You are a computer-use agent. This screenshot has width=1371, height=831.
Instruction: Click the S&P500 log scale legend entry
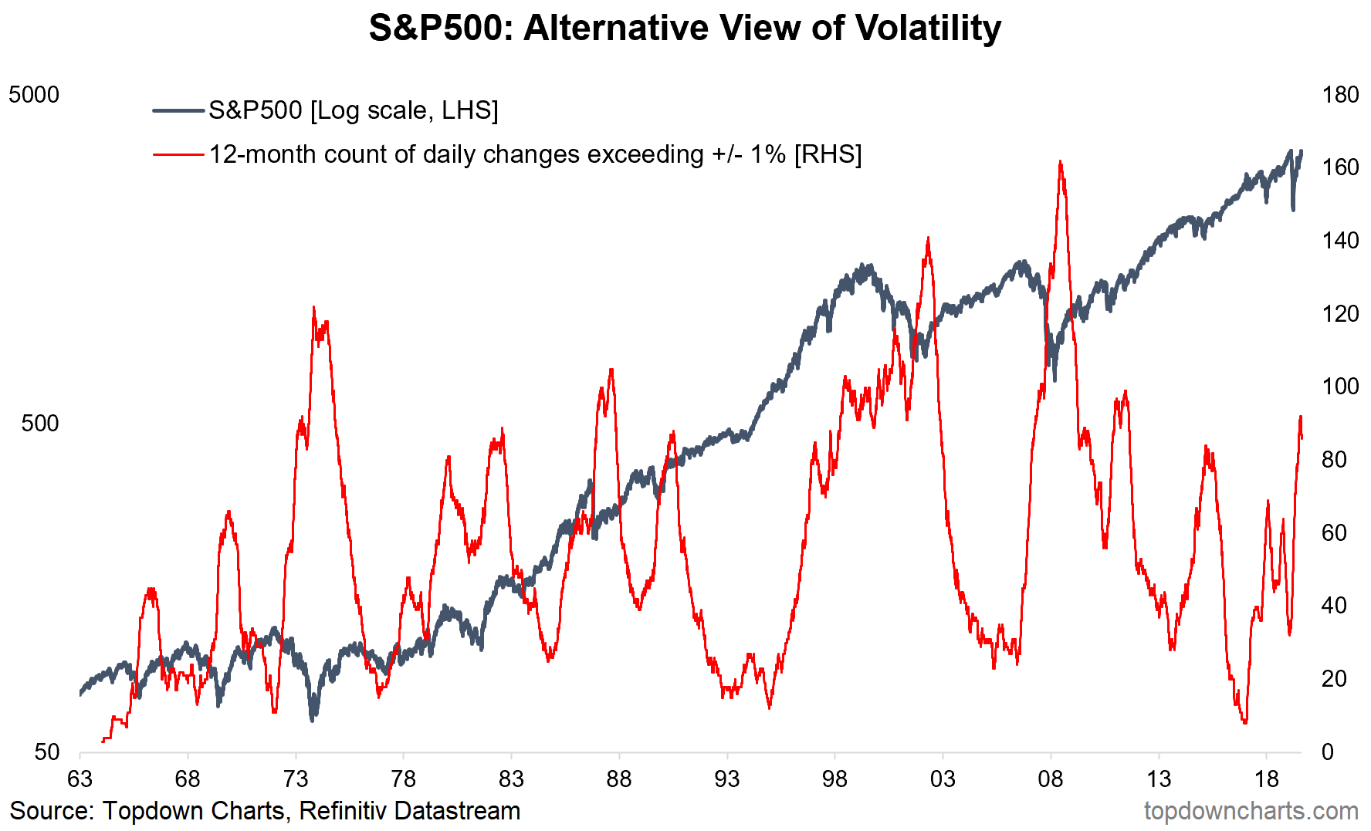point(353,110)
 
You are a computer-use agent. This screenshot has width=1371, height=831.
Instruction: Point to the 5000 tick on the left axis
point(33,95)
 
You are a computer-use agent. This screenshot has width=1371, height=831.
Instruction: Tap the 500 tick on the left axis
point(39,424)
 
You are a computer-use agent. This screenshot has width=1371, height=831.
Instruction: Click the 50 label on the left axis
point(46,752)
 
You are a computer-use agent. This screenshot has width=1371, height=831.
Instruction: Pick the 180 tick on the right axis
point(1340,95)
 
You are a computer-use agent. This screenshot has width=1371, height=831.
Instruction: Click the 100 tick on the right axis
point(1340,387)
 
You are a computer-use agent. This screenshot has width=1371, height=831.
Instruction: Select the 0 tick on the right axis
point(1328,752)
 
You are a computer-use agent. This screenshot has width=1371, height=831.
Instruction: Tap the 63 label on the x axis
point(80,779)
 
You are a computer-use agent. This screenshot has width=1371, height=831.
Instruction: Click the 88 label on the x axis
point(619,779)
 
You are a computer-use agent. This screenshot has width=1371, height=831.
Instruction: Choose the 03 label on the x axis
point(943,779)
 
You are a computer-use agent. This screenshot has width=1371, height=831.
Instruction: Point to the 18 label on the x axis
point(1266,779)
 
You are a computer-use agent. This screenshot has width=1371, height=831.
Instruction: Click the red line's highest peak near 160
point(1060,162)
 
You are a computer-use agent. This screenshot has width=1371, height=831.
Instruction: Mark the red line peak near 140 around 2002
point(927,238)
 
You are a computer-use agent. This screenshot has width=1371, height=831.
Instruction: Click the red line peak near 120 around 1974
point(313,307)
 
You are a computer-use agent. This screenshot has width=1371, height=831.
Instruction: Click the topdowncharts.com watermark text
point(1251,811)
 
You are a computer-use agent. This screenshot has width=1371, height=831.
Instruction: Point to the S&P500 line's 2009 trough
point(1054,379)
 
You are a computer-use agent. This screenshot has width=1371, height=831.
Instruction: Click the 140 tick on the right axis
point(1340,241)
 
